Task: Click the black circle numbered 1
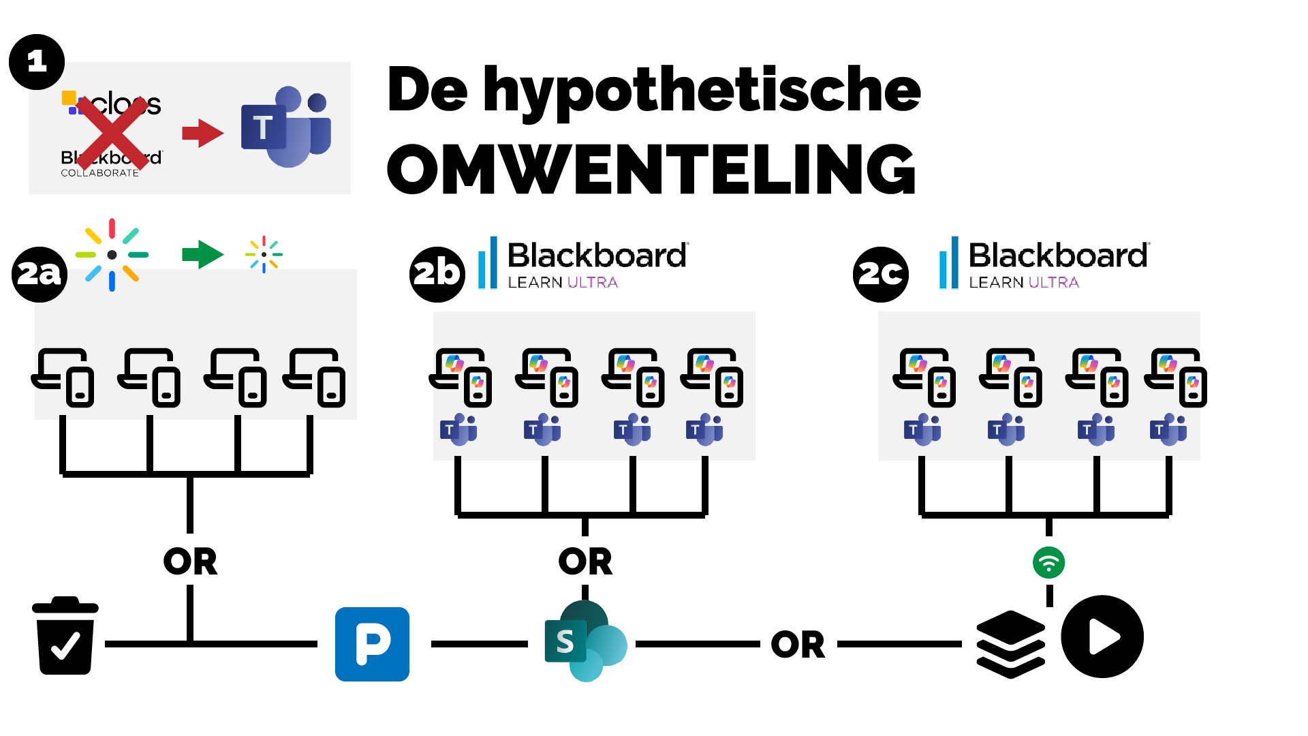pos(37,62)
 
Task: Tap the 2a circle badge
pos(40,274)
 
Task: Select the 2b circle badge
pos(437,274)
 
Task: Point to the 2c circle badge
pos(881,274)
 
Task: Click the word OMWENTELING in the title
pos(651,169)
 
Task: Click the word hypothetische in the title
pos(702,90)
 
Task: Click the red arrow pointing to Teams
pos(202,133)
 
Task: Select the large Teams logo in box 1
pos(287,127)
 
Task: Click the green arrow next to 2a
pos(202,255)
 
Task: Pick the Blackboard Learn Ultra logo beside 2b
pos(583,263)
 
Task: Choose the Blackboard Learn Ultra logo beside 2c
pos(1044,263)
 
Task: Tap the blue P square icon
pos(372,644)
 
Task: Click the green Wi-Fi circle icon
pos(1048,563)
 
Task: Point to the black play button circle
pos(1102,637)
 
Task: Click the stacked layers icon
pos(1010,644)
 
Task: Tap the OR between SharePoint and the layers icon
pos(798,645)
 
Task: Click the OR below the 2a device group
pos(190,562)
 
